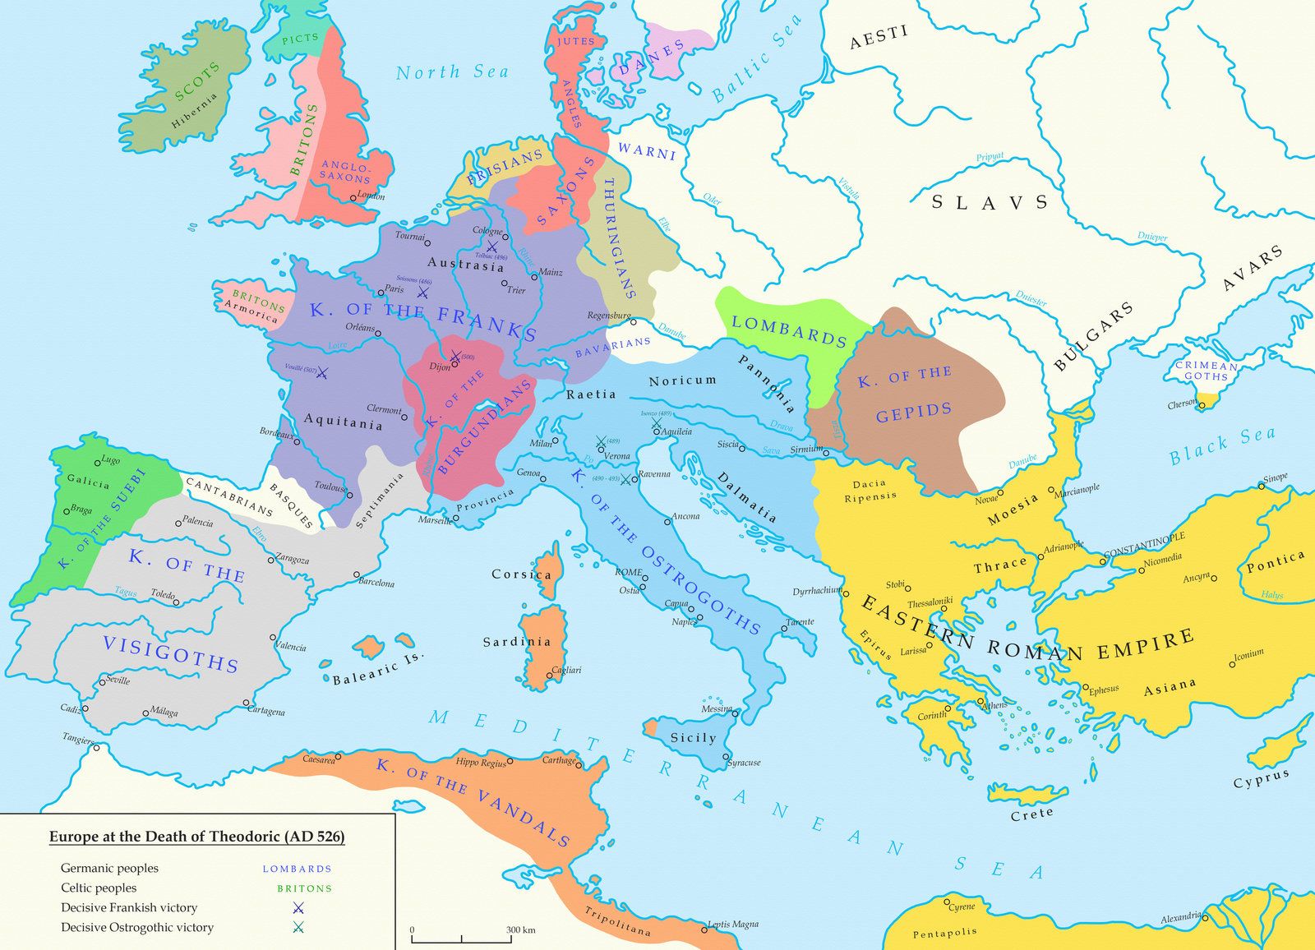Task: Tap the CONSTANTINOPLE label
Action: click(1144, 542)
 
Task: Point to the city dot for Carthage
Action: click(582, 766)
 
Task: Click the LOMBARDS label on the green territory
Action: click(789, 330)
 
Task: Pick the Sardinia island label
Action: click(517, 641)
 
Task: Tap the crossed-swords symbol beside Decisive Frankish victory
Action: click(298, 908)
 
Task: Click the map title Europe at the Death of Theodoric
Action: click(196, 837)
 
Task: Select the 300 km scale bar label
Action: click(520, 930)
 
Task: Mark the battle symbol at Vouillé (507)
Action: click(322, 373)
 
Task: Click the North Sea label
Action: click(452, 72)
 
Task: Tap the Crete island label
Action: click(1031, 813)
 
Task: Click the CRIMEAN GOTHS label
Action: click(1206, 371)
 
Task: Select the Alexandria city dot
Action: click(1206, 915)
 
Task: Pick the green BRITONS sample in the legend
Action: click(304, 888)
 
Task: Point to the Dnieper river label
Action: click(1152, 237)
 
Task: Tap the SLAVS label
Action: click(990, 202)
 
